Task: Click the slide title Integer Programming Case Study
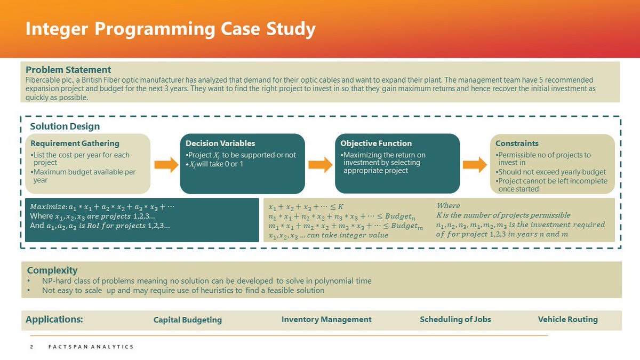click(x=171, y=28)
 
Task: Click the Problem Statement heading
click(x=68, y=70)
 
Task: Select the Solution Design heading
click(x=65, y=126)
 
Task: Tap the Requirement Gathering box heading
click(x=75, y=143)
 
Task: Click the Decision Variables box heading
click(x=220, y=143)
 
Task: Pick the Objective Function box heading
click(x=376, y=143)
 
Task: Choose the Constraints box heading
click(x=517, y=143)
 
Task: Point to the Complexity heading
click(x=52, y=270)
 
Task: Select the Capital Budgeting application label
click(x=188, y=320)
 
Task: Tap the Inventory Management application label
click(x=326, y=319)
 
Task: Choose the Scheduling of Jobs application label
click(x=455, y=319)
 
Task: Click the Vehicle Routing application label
click(x=568, y=319)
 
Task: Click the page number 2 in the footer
click(x=31, y=347)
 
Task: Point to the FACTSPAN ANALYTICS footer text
click(x=88, y=347)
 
